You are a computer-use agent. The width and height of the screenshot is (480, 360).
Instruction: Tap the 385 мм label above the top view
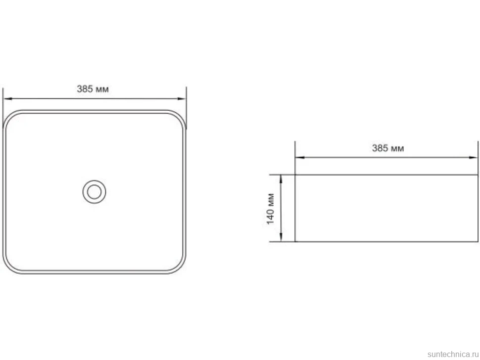(x=93, y=89)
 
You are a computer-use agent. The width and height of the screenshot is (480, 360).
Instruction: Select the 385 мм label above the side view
(x=388, y=148)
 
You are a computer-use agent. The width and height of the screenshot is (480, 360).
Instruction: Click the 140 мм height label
(x=270, y=209)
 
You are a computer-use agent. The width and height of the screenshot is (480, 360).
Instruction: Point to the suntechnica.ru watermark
(x=453, y=354)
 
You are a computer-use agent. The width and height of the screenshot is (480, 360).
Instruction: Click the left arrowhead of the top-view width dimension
(x=7, y=99)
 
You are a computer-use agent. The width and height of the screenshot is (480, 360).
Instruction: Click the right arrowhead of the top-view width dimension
(x=182, y=99)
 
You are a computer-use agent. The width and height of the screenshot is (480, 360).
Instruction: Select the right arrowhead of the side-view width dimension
(x=473, y=158)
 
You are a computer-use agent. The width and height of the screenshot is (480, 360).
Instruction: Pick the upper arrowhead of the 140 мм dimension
(x=281, y=179)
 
